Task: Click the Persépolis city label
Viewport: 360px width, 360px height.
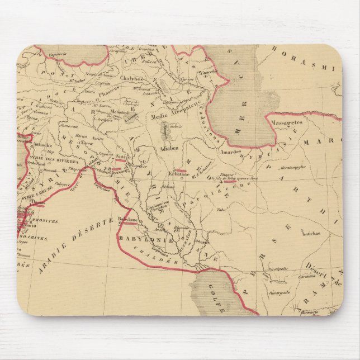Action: pos(278,268)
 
